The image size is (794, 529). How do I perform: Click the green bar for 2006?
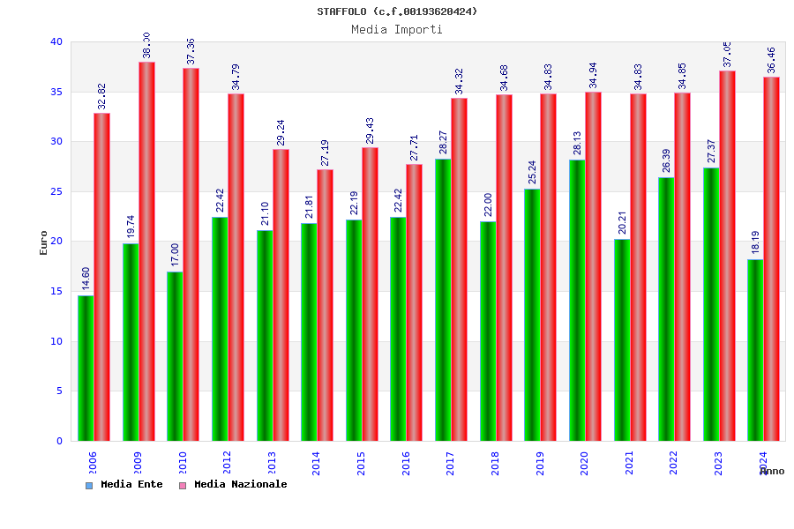(86, 368)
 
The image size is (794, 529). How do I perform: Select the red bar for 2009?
(146, 251)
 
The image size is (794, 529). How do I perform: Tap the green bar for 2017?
(443, 300)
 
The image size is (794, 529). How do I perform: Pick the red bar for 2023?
(727, 256)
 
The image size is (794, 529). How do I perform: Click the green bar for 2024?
(755, 350)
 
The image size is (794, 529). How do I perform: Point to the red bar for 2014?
(326, 305)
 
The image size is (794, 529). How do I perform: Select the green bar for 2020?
(577, 300)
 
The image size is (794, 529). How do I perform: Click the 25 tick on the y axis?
(56, 191)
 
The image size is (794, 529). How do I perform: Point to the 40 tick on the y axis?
(56, 41)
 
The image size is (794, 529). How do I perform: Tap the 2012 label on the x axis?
(227, 463)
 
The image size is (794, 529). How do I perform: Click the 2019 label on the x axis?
(540, 463)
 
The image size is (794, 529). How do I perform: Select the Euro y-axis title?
(44, 242)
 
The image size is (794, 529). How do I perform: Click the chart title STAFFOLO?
(397, 11)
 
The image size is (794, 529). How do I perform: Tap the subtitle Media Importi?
(397, 29)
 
